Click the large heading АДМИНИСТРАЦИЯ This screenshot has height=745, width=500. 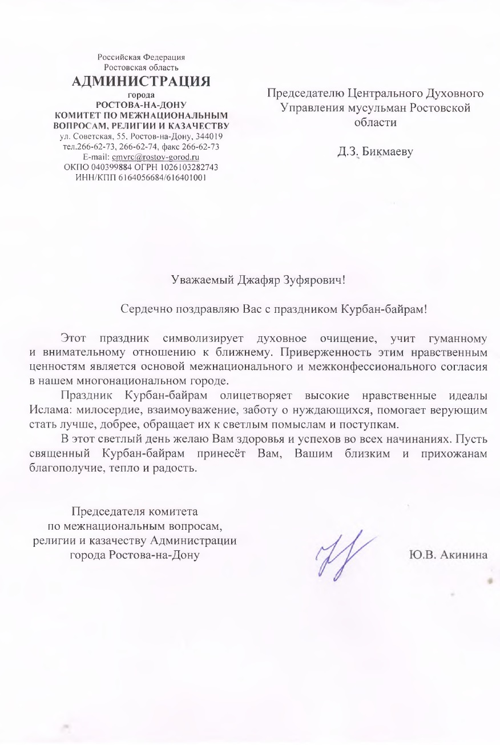(141, 81)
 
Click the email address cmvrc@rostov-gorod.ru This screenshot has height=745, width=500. (155, 157)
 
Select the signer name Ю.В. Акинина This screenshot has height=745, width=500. (447, 555)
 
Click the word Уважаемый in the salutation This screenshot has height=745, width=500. (203, 280)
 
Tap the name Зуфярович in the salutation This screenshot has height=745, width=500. (315, 280)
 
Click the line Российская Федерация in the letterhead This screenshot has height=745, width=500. (141, 57)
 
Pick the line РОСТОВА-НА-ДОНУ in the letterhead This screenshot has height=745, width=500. (141, 104)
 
